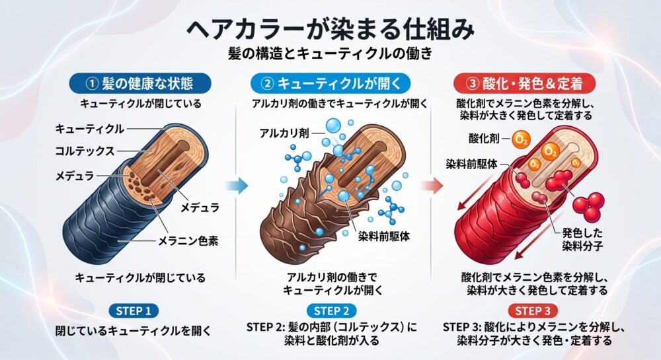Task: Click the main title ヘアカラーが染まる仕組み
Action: (330, 29)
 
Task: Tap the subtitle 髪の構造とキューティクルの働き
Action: (330, 54)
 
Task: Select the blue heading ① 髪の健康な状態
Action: (140, 83)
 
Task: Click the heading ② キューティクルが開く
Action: (330, 83)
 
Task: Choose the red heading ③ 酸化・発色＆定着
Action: (524, 83)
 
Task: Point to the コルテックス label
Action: (85, 151)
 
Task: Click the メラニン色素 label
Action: (188, 241)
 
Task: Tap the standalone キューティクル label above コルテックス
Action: (89, 129)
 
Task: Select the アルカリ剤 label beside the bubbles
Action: (284, 133)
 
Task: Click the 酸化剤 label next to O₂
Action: (484, 138)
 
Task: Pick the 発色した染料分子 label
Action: (582, 239)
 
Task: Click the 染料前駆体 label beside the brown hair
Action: (383, 236)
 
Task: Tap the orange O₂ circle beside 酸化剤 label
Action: (521, 140)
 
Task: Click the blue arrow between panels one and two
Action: (237, 185)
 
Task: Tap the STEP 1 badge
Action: (134, 311)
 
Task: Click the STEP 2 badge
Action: (332, 311)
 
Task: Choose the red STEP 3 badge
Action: (533, 311)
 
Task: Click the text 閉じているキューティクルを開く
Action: (134, 331)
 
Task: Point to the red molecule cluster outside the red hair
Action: (589, 207)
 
